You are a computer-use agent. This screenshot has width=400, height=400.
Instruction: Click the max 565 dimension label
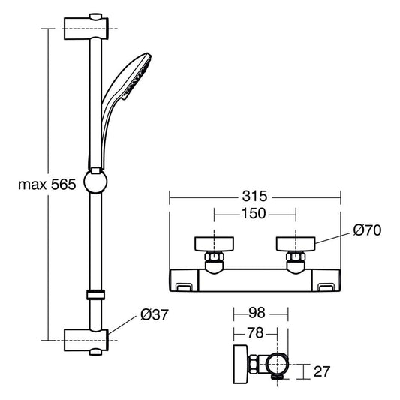[47, 184]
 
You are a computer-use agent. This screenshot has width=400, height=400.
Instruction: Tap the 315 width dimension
[254, 196]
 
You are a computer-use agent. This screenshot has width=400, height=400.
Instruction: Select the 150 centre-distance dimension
[254, 213]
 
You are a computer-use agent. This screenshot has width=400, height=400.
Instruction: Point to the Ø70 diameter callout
[367, 230]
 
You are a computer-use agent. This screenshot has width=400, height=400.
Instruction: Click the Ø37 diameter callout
[155, 314]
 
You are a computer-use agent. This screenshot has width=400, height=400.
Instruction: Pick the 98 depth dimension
[257, 313]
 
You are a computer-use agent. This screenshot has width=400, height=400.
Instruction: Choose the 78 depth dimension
[255, 333]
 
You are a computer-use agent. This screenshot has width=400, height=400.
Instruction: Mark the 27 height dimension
[322, 371]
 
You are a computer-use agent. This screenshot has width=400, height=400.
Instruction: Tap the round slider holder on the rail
[95, 182]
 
